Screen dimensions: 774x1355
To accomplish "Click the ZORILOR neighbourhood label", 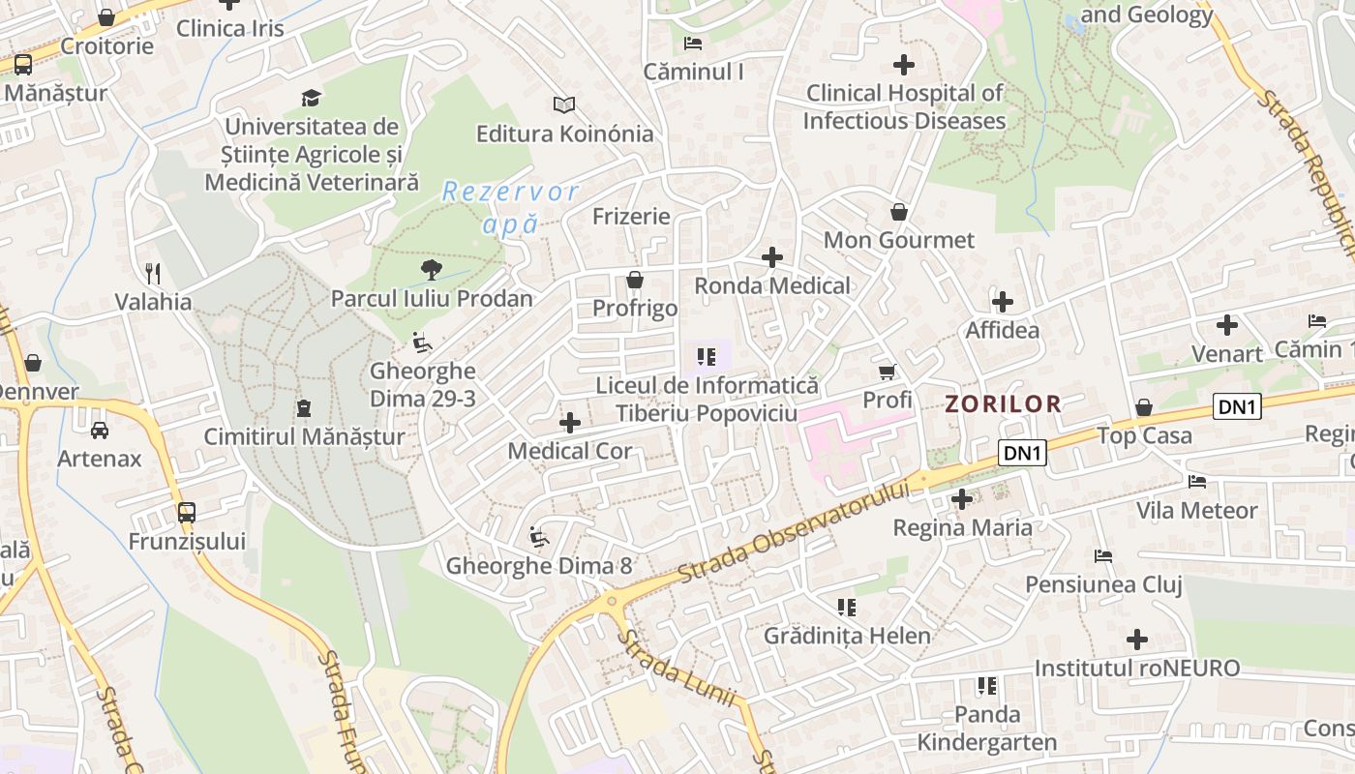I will pyautogui.click(x=1003, y=404).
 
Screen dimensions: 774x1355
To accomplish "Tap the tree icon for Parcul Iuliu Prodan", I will pyautogui.click(x=432, y=270).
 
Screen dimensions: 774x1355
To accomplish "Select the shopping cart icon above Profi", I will pyautogui.click(x=887, y=372).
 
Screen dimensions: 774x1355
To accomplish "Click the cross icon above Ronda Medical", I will pyautogui.click(x=771, y=257).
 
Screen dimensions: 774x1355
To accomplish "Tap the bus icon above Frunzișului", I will pyautogui.click(x=187, y=512).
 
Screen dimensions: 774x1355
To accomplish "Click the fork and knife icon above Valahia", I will pyautogui.click(x=153, y=273).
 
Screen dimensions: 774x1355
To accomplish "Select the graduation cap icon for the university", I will pyautogui.click(x=311, y=98).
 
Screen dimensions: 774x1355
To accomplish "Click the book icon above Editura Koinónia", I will pyautogui.click(x=564, y=104).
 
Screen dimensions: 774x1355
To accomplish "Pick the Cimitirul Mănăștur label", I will pyautogui.click(x=304, y=437).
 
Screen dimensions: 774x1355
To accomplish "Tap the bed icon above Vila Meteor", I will pyautogui.click(x=1197, y=481).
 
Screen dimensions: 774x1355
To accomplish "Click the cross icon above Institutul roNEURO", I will pyautogui.click(x=1137, y=640).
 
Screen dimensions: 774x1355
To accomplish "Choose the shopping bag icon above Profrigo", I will pyautogui.click(x=635, y=280).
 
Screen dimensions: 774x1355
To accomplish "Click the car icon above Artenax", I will pyautogui.click(x=99, y=431).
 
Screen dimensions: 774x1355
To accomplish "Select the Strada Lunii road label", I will pyautogui.click(x=677, y=669).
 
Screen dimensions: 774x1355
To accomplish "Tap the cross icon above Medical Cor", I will pyautogui.click(x=570, y=423).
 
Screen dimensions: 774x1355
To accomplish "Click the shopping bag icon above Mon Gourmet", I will pyautogui.click(x=899, y=212).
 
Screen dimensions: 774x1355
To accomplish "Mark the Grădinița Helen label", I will pyautogui.click(x=847, y=636).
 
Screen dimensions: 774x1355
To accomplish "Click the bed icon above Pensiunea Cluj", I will pyautogui.click(x=1103, y=556).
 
